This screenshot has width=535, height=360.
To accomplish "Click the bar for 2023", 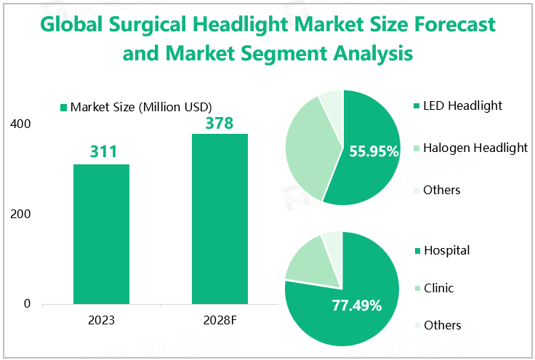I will coord(101,233).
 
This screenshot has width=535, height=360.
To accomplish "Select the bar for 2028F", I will coord(220,218).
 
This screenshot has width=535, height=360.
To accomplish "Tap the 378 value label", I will coord(218,123).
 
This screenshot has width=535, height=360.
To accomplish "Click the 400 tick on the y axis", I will coord(21,124).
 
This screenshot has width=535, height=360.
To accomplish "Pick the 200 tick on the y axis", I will coord(21,215).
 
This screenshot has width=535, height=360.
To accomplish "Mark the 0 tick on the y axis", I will coord(27,304).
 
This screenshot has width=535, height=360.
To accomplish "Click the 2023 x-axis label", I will coord(101,320).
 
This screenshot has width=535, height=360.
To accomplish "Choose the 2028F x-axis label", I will coord(219,320).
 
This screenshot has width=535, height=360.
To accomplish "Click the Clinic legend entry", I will coord(438,289).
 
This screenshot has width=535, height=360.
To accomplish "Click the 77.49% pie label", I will coord(357,305).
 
